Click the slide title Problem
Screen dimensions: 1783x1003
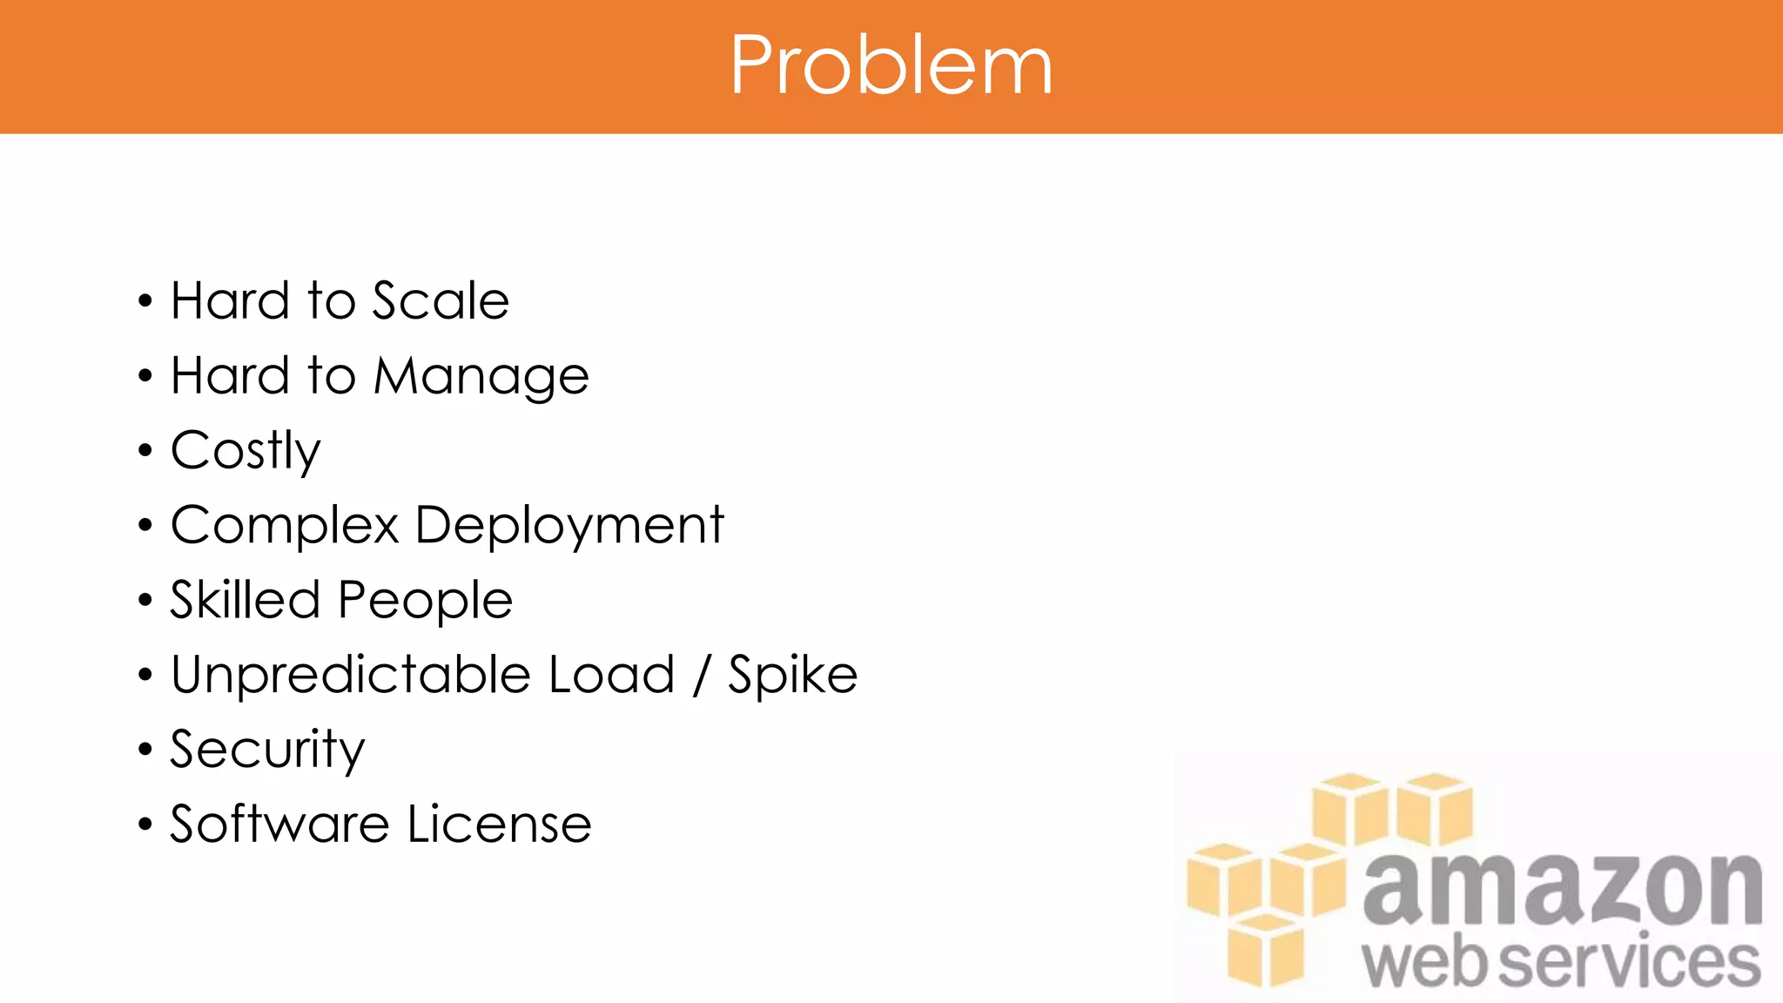pyautogui.click(x=891, y=65)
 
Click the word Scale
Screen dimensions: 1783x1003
pyautogui.click(x=441, y=301)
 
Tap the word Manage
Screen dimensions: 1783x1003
pyautogui.click(x=481, y=377)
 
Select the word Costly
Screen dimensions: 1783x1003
pyautogui.click(x=246, y=451)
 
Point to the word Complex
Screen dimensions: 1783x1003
pyautogui.click(x=285, y=525)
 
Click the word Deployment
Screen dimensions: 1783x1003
pyautogui.click(x=569, y=526)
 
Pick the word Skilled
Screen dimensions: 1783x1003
pyautogui.click(x=246, y=600)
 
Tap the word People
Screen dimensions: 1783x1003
pyautogui.click(x=425, y=601)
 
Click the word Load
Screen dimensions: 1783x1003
pyautogui.click(x=612, y=675)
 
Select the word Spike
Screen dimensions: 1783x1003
pyautogui.click(x=793, y=676)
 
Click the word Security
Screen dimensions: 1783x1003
pyautogui.click(x=267, y=750)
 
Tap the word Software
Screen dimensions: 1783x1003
pyautogui.click(x=279, y=824)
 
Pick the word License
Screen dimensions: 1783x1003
pyautogui.click(x=500, y=824)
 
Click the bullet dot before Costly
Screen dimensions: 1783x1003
pyautogui.click(x=145, y=451)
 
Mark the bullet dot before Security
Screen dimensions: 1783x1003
pyautogui.click(x=145, y=750)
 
